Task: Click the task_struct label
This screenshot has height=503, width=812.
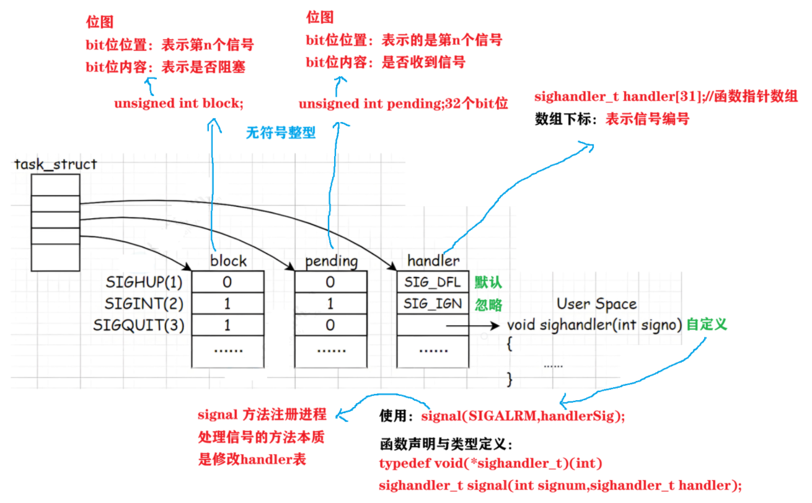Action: [56, 164]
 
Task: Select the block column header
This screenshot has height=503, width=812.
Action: [228, 261]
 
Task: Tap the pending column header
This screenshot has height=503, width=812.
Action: [331, 261]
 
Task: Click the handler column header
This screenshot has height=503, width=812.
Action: [433, 261]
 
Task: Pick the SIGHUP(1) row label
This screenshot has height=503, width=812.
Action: [144, 282]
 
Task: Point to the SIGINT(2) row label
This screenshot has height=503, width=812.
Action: [144, 304]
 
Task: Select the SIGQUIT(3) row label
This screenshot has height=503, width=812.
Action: [139, 325]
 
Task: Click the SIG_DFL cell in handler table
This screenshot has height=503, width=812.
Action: [433, 282]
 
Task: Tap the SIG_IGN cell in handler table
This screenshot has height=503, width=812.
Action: [433, 304]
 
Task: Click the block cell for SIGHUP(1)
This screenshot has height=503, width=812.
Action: [227, 282]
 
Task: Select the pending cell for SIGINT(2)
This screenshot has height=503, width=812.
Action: [330, 304]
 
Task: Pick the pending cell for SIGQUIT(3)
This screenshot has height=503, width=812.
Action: [330, 325]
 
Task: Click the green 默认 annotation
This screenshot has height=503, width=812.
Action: [488, 282]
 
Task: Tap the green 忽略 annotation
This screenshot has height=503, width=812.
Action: [488, 304]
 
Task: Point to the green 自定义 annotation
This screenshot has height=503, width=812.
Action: [706, 324]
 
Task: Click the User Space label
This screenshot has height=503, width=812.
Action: [596, 304]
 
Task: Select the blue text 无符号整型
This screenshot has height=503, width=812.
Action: [281, 133]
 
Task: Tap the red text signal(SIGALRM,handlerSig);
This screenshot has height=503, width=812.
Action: [523, 416]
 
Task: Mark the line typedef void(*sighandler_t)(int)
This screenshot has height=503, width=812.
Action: [491, 463]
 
